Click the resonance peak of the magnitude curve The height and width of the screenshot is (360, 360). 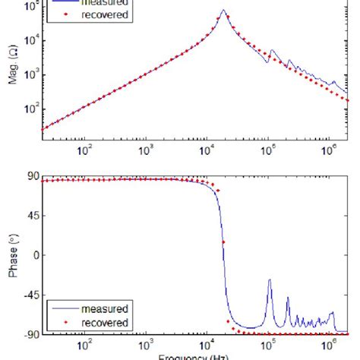point(223,11)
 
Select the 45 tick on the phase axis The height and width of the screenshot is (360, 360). point(31,216)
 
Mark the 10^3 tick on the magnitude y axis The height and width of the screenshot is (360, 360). point(31,76)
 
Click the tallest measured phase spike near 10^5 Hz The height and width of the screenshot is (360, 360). point(270,280)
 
